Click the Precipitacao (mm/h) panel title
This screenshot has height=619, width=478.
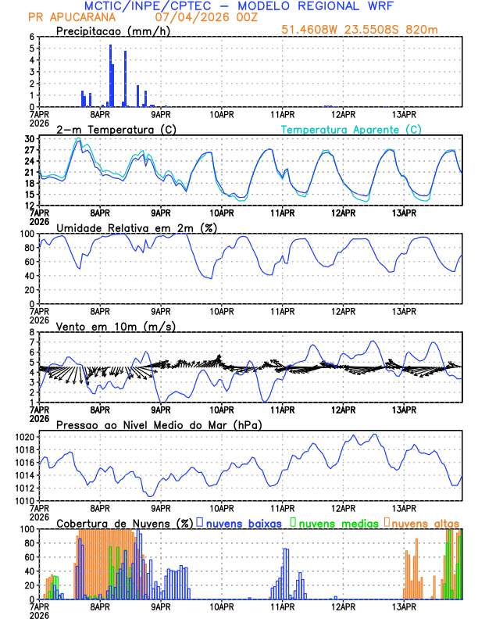pyautogui.click(x=113, y=30)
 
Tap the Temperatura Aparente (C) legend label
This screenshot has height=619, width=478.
pyautogui.click(x=351, y=129)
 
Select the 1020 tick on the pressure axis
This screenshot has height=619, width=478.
pyautogui.click(x=23, y=437)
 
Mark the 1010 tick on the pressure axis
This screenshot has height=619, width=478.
pyautogui.click(x=23, y=500)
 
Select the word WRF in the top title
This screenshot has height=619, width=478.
pyautogui.click(x=376, y=6)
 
